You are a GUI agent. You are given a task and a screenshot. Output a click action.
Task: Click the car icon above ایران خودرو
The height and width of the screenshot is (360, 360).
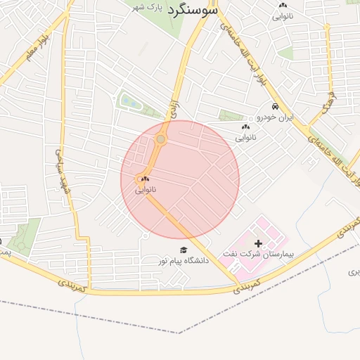(275, 107)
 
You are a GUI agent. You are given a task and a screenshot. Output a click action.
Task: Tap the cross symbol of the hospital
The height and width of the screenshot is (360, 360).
(259, 243)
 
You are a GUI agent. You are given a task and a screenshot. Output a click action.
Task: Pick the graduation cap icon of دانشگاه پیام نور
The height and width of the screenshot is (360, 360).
(184, 250)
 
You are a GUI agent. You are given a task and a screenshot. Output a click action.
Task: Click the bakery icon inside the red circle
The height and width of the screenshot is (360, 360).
(146, 180)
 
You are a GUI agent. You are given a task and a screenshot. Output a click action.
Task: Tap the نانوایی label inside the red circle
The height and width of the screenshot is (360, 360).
(146, 189)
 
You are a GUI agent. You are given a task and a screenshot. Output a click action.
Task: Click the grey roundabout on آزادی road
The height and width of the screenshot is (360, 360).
(162, 139)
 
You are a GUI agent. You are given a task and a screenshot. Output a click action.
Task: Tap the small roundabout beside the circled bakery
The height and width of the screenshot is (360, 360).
(140, 180)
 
